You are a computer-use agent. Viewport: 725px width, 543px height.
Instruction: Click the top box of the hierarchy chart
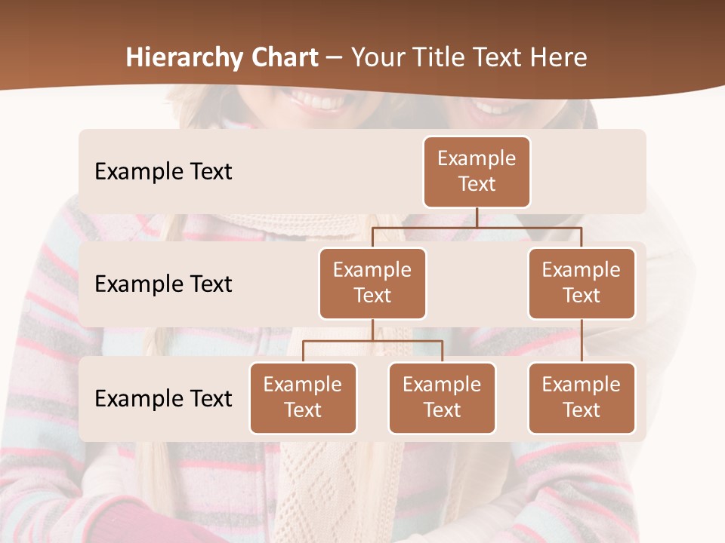coord(477,171)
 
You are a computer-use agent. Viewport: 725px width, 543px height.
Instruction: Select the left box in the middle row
coord(372,283)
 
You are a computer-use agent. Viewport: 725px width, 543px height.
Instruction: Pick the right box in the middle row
coord(582,283)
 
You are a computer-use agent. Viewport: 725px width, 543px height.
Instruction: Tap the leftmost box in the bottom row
coord(303,397)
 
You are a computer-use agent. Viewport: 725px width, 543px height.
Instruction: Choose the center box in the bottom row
coord(442,397)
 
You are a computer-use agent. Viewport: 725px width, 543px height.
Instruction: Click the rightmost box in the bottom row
coord(582,397)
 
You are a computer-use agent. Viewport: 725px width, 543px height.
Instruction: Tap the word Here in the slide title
coord(559,58)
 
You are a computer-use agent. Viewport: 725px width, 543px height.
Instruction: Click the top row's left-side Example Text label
coord(163,172)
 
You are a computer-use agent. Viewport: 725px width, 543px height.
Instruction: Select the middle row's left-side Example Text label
coord(163,284)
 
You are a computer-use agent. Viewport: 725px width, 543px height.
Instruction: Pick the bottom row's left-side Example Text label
coord(163,398)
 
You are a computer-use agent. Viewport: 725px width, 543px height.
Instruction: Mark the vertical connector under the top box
coord(477,217)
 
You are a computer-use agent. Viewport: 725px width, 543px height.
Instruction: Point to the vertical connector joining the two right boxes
coord(582,341)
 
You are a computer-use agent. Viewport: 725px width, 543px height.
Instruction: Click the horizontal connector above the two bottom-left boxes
coord(372,341)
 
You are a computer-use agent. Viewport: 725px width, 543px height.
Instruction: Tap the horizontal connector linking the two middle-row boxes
coord(477,227)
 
